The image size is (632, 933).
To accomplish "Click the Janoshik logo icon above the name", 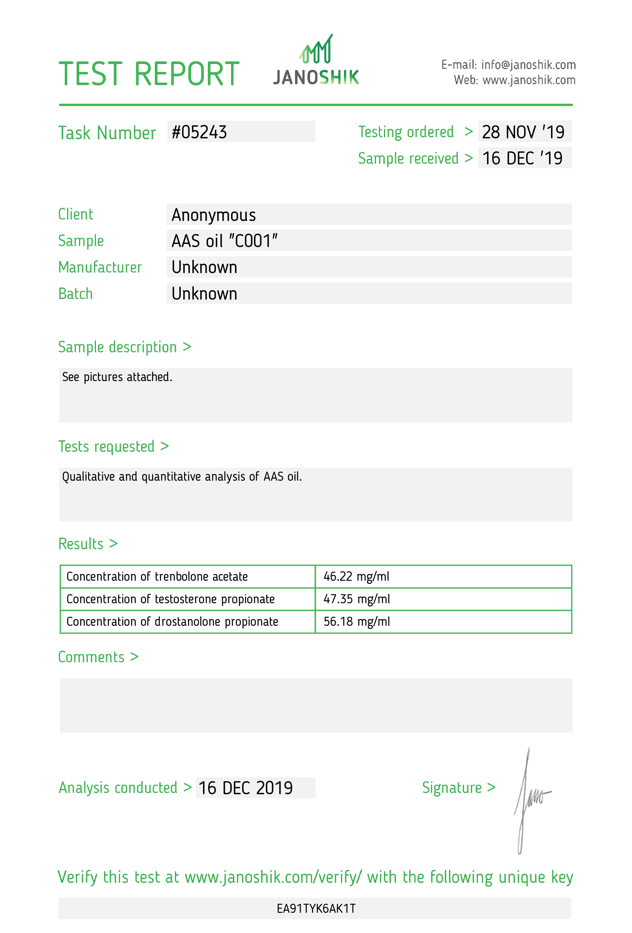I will (316, 50).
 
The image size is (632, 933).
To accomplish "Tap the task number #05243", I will (199, 132).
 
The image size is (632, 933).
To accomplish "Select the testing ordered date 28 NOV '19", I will (523, 132).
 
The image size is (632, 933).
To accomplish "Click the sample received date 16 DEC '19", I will (522, 158).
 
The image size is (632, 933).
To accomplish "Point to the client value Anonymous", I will (213, 215).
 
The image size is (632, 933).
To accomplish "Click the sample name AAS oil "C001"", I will (225, 241).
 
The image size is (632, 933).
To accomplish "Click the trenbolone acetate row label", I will (157, 576).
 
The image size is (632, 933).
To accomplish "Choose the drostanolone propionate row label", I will (172, 621).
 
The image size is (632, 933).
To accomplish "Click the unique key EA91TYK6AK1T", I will (316, 908).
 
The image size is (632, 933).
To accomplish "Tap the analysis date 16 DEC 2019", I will (245, 788).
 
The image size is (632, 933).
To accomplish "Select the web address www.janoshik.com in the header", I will (529, 80).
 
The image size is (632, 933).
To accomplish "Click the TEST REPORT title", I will (149, 74).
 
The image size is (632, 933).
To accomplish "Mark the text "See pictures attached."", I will (117, 377).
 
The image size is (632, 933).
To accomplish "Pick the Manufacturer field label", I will (100, 267).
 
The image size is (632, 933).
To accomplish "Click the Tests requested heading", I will (113, 446).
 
